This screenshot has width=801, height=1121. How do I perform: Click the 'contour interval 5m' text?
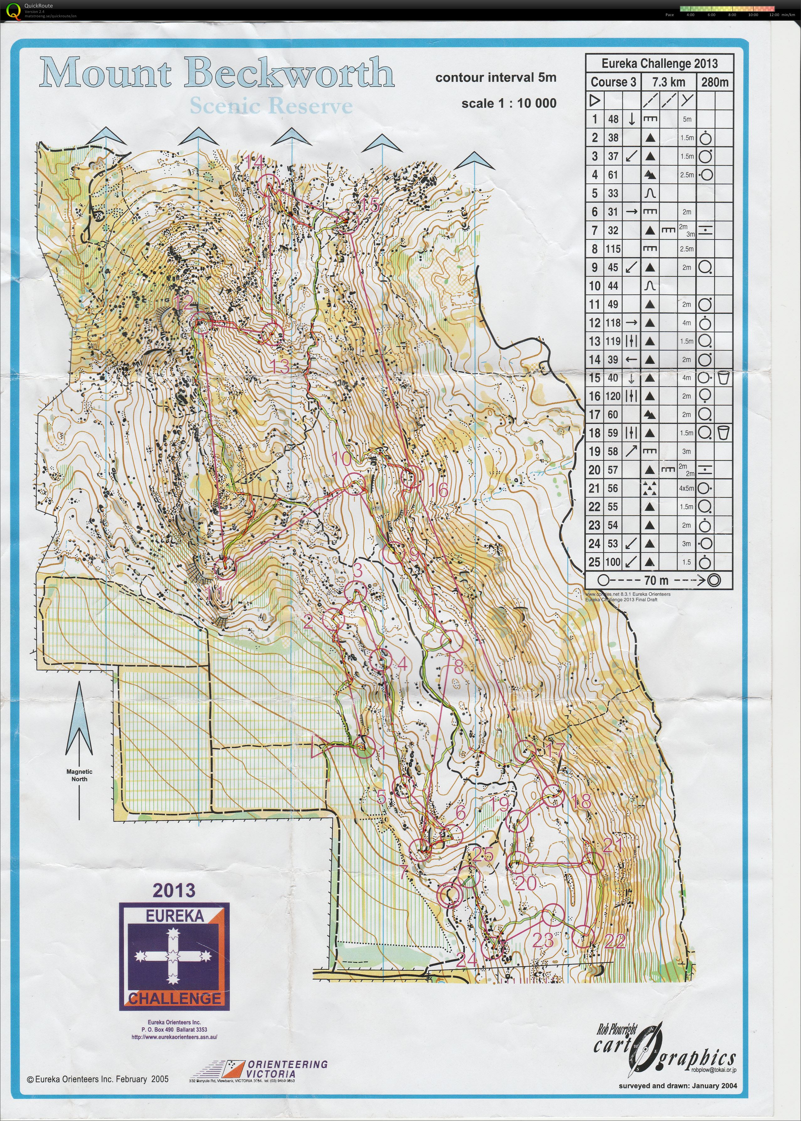click(496, 77)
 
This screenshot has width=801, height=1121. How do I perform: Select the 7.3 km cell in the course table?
click(668, 82)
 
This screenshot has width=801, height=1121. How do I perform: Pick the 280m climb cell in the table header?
click(715, 82)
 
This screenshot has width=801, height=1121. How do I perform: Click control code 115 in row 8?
click(613, 249)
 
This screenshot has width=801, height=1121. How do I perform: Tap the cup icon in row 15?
click(724, 378)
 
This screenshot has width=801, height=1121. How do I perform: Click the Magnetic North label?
click(79, 775)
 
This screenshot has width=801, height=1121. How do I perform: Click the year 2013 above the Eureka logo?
click(174, 890)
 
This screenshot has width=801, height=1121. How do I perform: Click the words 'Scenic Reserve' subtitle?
click(271, 106)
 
